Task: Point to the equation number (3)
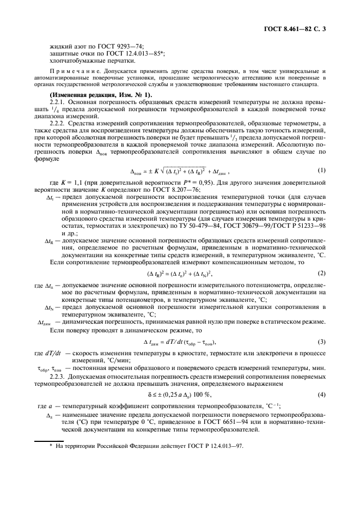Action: tap(322, 342)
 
